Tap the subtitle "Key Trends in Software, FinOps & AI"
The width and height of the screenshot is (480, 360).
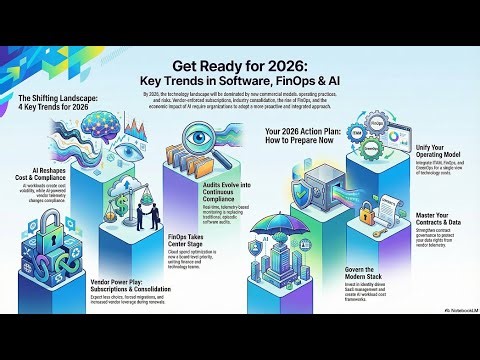coord(240,75)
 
